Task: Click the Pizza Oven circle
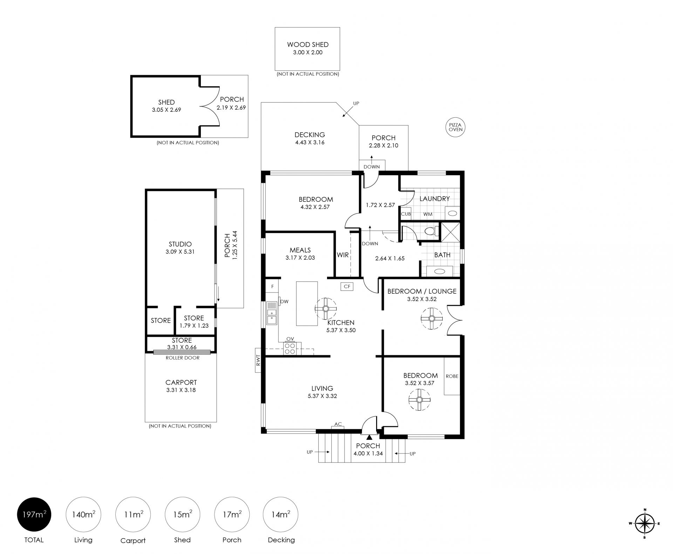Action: (x=456, y=127)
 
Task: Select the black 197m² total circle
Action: (x=34, y=514)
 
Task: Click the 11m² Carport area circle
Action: (x=133, y=514)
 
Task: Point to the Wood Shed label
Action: (x=308, y=45)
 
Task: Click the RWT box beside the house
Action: (x=258, y=360)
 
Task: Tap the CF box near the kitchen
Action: (x=347, y=286)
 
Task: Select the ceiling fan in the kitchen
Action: (x=326, y=308)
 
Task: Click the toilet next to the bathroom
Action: (x=430, y=231)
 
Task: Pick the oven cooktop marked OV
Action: (x=290, y=348)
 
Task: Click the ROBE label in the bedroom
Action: (x=452, y=376)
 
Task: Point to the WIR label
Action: (x=342, y=255)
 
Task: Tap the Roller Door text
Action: (x=182, y=358)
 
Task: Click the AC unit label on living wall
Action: (x=338, y=424)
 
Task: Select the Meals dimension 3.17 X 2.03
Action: (x=300, y=258)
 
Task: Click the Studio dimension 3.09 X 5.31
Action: (x=180, y=252)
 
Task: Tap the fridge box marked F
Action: (x=272, y=286)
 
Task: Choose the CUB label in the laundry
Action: (x=406, y=214)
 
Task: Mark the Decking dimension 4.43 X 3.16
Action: (x=310, y=142)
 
